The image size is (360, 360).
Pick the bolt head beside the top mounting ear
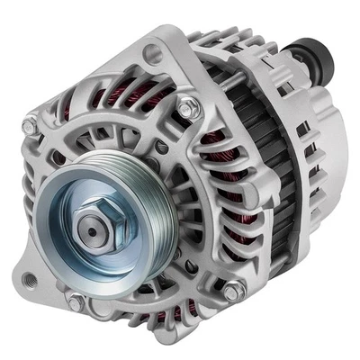pos(186,107)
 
